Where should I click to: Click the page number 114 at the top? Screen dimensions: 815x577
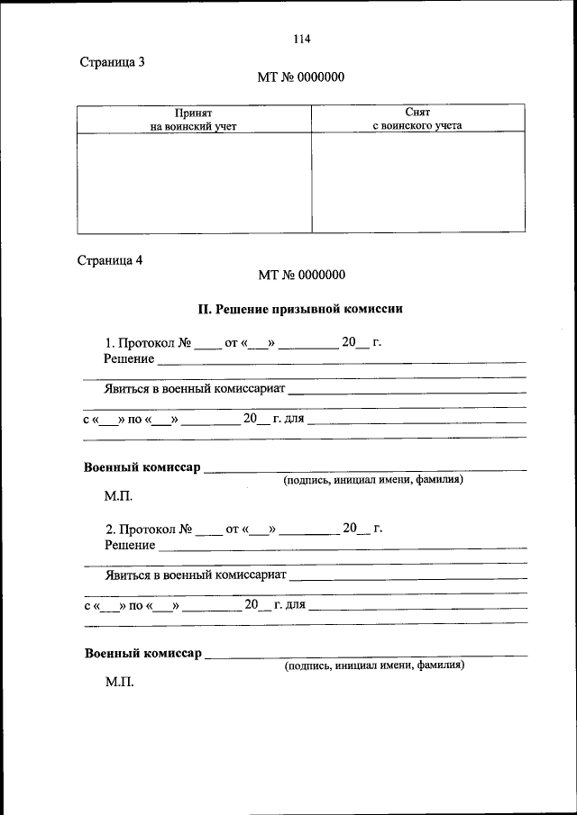click(x=301, y=39)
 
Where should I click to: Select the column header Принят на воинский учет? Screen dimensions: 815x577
click(x=194, y=119)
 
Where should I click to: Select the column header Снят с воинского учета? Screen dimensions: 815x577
click(x=417, y=119)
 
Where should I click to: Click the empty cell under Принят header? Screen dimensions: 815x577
click(x=194, y=183)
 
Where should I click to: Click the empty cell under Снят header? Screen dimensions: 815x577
click(x=417, y=183)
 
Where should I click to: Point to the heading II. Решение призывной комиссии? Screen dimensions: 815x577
click(x=300, y=309)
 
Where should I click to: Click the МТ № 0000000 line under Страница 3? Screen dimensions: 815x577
click(x=301, y=77)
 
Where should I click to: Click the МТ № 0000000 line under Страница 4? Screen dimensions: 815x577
click(x=301, y=276)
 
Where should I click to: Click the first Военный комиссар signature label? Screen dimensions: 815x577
click(x=142, y=467)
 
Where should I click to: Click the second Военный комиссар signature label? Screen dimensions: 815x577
click(x=142, y=653)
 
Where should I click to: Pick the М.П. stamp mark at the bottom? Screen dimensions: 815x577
click(x=118, y=683)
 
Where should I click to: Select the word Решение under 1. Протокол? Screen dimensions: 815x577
click(x=129, y=358)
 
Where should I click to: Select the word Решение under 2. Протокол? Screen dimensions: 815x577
click(x=129, y=545)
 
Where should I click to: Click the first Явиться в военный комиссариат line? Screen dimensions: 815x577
click(x=195, y=390)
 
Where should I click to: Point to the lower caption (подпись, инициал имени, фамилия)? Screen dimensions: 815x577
click(x=373, y=667)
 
